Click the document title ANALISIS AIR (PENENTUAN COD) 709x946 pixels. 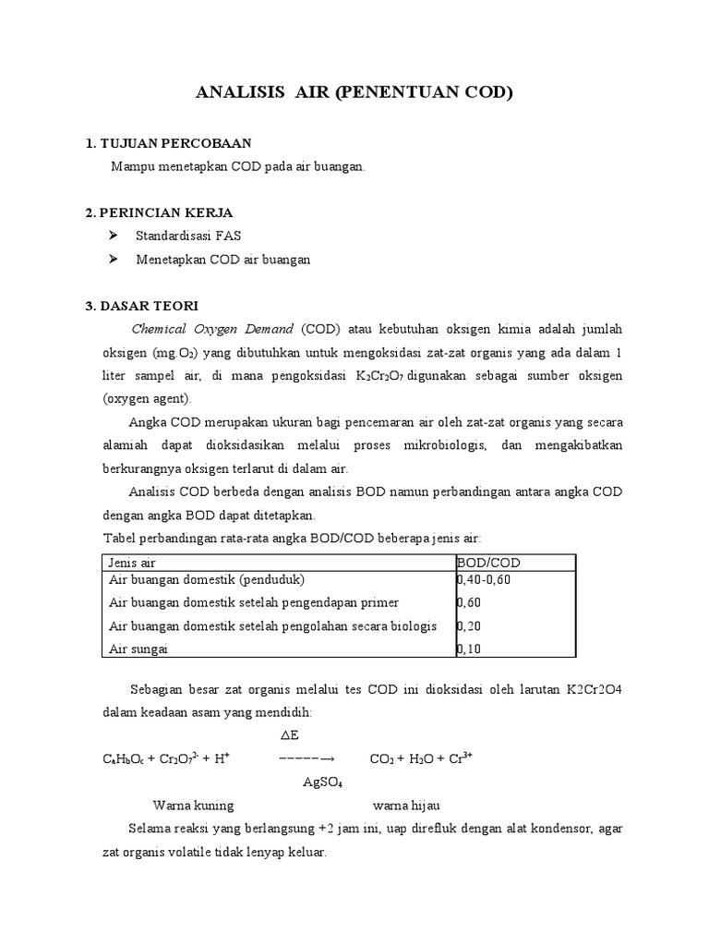click(x=354, y=93)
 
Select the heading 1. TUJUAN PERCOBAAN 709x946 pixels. click(x=168, y=143)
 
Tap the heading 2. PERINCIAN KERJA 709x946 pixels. click(x=159, y=212)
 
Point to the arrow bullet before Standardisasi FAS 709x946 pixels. click(x=114, y=236)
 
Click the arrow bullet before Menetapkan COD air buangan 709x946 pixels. click(x=114, y=260)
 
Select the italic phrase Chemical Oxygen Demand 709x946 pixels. click(x=213, y=329)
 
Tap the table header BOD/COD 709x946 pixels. click(x=488, y=563)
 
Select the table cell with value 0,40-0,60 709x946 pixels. click(x=484, y=580)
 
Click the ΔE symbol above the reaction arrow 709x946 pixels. click(x=289, y=736)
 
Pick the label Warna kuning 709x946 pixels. click(x=193, y=805)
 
